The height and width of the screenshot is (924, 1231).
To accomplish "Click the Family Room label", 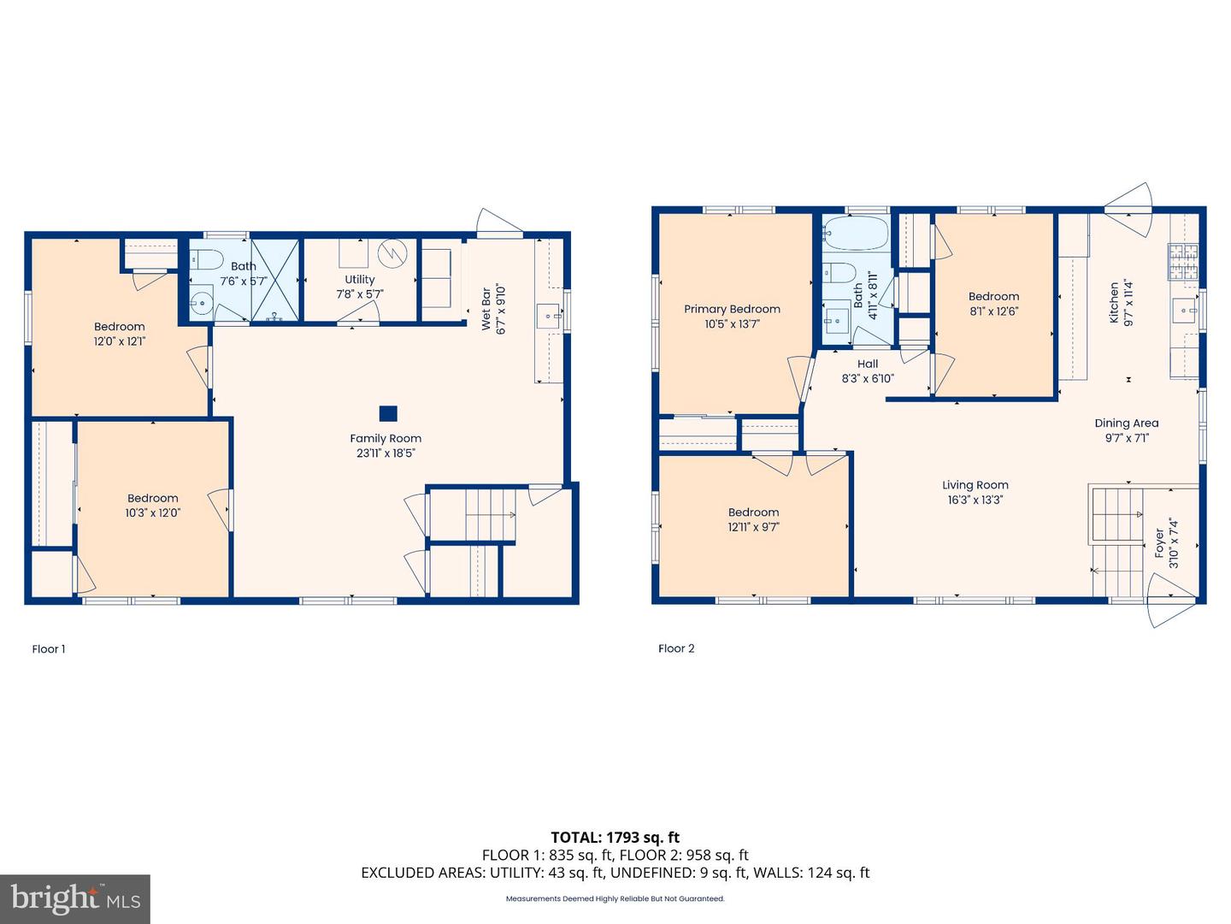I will point(386,438).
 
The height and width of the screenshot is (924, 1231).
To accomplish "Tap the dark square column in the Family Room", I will point(388,413).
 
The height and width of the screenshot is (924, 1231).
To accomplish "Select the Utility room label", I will point(360,279).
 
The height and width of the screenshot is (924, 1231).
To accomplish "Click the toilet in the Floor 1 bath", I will point(206,258).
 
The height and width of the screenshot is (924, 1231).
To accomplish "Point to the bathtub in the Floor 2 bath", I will point(855,233).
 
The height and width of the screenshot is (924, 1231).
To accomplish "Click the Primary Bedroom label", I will point(732,309).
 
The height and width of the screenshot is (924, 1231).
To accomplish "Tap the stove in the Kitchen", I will point(1184,262).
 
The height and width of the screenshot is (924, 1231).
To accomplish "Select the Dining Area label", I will point(1127,423).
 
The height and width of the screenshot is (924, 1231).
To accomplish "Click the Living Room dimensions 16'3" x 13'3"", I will point(975,500).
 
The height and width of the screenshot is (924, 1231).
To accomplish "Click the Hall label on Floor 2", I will point(868,364).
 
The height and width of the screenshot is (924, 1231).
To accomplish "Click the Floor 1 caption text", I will point(49,649).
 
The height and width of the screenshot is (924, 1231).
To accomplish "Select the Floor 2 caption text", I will point(676,648).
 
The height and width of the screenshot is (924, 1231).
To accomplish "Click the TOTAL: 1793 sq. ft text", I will point(615,837).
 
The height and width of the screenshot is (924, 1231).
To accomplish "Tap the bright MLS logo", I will point(75,898).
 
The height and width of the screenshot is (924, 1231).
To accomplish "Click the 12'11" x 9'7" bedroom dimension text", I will point(754,527).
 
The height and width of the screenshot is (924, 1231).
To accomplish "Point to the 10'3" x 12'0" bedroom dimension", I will point(153,512).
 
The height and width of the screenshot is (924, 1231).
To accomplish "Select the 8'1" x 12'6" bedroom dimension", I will point(993,311).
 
